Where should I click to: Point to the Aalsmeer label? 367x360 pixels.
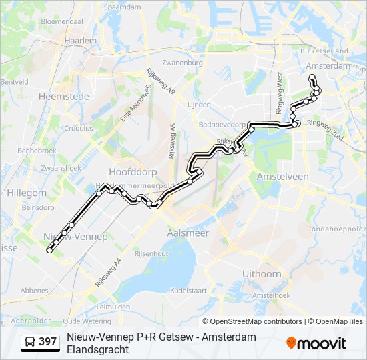[188, 233]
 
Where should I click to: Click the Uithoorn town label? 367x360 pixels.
[262, 274]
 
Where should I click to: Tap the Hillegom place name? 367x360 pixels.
[27, 193]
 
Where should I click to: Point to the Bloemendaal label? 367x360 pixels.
[62, 21]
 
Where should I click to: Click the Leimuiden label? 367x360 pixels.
[113, 307]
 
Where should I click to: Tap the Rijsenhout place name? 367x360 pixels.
[151, 253]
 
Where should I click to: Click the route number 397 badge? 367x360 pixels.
[41, 342]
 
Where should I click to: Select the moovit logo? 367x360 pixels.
[316, 343]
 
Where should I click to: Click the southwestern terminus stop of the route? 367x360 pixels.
[49, 251]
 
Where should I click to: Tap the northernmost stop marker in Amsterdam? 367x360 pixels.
[312, 77]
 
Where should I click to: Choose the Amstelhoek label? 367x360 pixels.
[270, 295]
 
